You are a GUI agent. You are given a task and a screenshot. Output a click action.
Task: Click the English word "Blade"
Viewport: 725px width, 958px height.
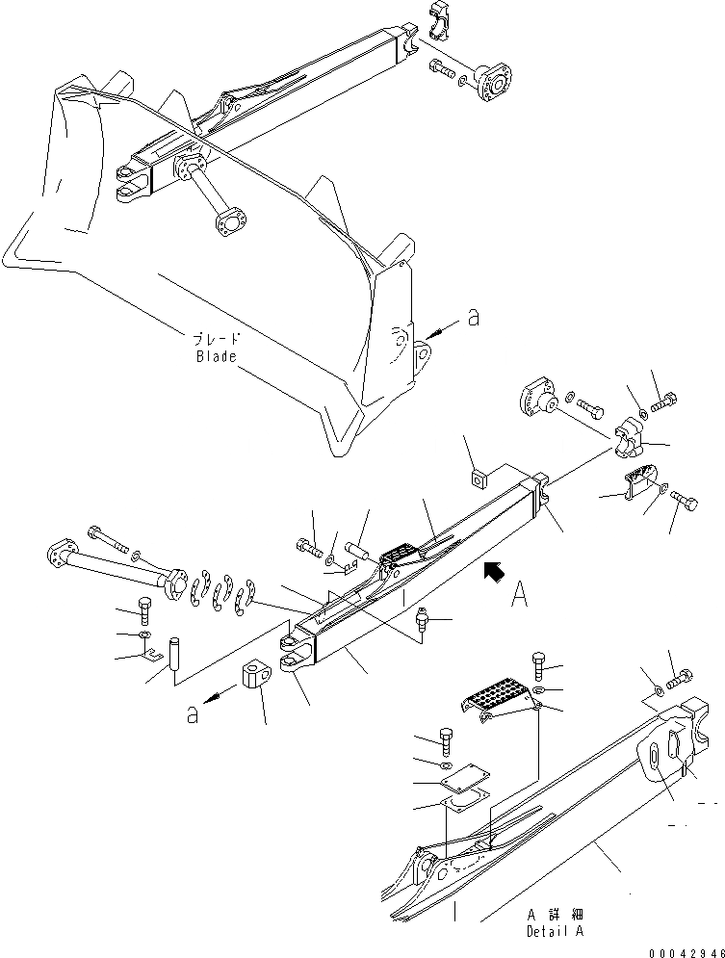point(215,355)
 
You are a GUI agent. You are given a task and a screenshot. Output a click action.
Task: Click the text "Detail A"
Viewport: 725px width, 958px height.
point(555,931)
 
